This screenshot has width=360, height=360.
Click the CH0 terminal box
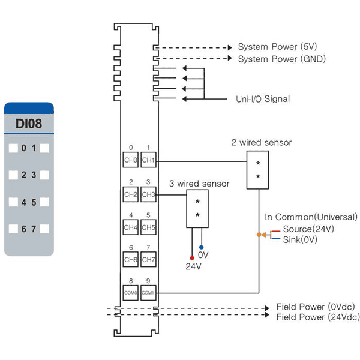coord(130,160)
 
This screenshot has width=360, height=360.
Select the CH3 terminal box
coord(148,194)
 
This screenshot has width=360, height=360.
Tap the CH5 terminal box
coord(148,227)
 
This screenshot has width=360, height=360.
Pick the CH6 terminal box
coord(130,259)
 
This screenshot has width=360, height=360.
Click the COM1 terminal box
coord(148,293)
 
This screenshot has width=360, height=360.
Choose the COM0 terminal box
coord(130,293)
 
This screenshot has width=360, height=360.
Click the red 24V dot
coord(192,258)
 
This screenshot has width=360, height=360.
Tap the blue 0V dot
coord(202,247)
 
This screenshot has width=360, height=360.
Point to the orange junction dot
coord(259,235)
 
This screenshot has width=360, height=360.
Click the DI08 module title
coord(29,124)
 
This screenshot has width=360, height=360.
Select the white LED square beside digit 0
coord(13,148)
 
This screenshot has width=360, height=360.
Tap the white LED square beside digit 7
coord(44,229)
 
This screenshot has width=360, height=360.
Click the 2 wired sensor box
coord(257,170)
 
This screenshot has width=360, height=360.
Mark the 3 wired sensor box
coord(197,209)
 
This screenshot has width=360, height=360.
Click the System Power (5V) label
coord(277,47)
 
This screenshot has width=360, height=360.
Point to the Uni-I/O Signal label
coord(263,99)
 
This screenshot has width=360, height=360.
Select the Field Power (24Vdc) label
coord(318,317)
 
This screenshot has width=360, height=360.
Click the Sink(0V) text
coord(300,239)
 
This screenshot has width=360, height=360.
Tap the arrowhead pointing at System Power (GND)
coord(230,58)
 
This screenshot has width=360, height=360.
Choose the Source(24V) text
coord(308,229)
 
